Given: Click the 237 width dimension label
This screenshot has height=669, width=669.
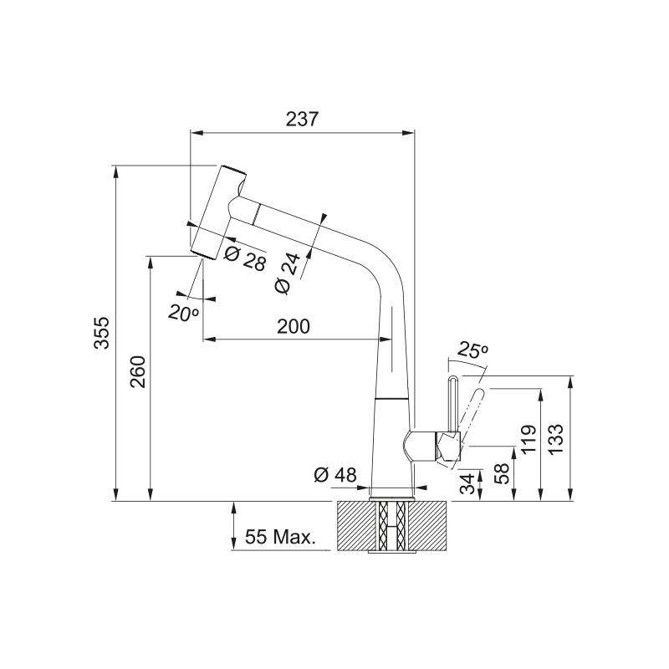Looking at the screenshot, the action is (x=302, y=119).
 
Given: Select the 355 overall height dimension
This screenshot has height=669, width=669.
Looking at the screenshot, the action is (x=102, y=333).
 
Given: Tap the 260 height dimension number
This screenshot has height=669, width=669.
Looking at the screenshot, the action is (x=138, y=371).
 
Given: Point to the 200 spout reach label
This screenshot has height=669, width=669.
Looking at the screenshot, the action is (x=294, y=326).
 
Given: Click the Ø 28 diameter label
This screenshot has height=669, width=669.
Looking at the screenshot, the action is (x=245, y=258).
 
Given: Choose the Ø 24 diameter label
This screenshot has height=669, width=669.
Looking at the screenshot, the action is (x=288, y=273).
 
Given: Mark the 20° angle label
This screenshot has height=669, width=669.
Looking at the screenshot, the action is (x=183, y=313).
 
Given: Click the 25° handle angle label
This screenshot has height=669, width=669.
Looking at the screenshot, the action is (x=472, y=350).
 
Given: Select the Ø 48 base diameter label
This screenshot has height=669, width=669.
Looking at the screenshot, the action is (x=335, y=474).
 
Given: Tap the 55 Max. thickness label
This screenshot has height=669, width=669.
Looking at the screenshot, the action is (x=280, y=537).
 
